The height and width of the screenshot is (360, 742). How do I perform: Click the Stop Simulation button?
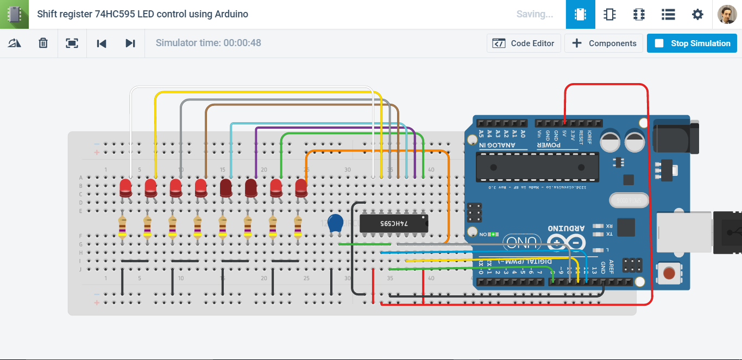[x=691, y=43]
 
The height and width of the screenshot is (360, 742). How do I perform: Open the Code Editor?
[x=524, y=43]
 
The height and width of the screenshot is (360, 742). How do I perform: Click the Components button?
[x=603, y=43]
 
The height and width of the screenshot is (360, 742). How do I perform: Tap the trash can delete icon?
[x=43, y=43]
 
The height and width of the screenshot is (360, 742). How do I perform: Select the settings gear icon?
[x=697, y=15]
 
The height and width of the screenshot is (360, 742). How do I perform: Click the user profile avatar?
[x=727, y=15]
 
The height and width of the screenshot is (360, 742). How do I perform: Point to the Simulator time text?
[x=208, y=43]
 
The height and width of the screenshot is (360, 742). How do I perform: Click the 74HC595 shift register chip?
[x=394, y=223]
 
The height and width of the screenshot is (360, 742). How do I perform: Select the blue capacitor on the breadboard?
[x=336, y=223]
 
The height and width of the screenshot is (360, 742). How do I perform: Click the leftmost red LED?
[x=125, y=188]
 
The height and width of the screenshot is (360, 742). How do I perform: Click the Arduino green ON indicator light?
[x=492, y=235]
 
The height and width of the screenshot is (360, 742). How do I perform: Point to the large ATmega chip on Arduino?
[x=537, y=167]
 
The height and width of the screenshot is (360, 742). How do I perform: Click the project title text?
[x=142, y=14]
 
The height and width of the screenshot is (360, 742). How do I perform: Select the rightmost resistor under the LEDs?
[x=298, y=227]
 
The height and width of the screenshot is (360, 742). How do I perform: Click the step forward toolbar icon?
[x=130, y=43]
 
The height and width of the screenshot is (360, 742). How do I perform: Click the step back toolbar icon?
[x=101, y=43]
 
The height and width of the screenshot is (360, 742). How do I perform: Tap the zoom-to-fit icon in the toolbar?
[x=72, y=43]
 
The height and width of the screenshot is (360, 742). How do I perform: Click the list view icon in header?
[x=668, y=15]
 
